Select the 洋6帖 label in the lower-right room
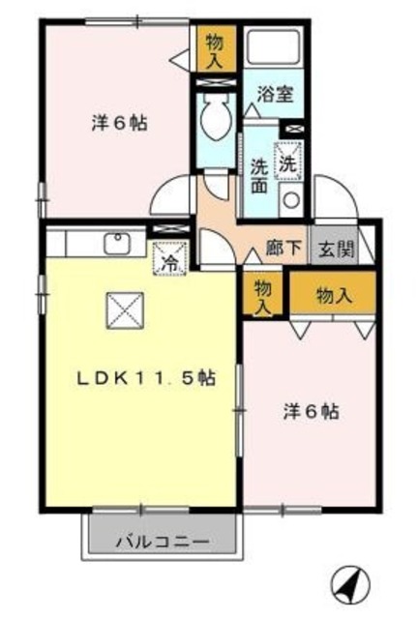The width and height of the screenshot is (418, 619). [x=310, y=410]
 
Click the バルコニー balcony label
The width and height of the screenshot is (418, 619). [x=162, y=541]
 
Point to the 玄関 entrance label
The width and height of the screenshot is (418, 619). [x=338, y=248]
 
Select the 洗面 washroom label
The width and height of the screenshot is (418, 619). [x=260, y=173]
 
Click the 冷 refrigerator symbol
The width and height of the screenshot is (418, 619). [x=170, y=259]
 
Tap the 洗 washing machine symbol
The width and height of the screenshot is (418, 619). [x=288, y=162]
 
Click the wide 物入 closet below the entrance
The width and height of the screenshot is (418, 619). [x=333, y=295]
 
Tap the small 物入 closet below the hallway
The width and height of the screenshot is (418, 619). [x=261, y=295]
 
